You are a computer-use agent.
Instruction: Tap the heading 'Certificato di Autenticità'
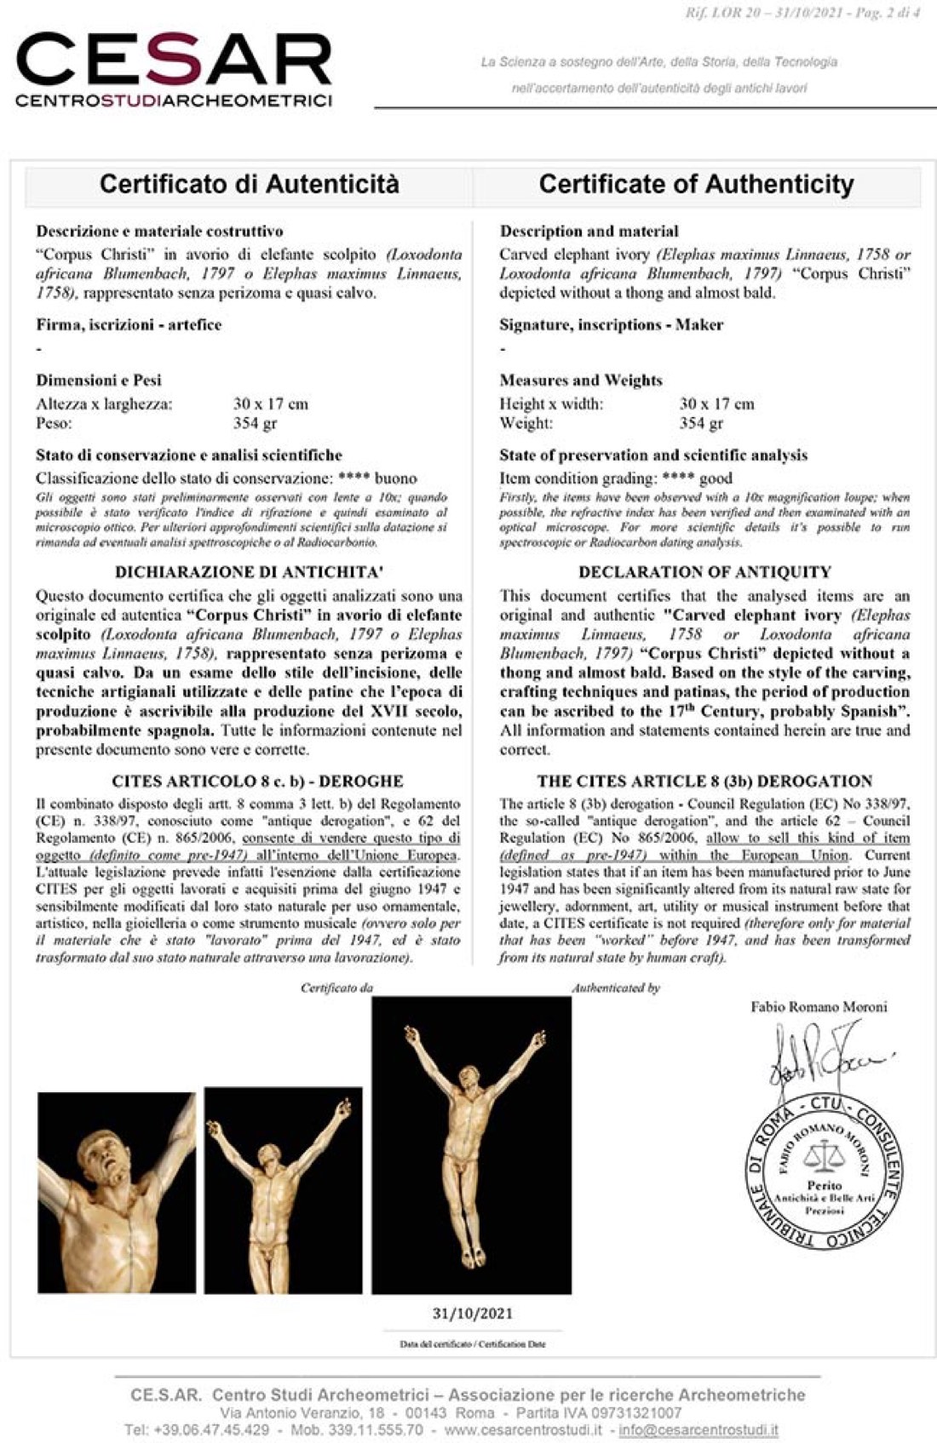coord(249,184)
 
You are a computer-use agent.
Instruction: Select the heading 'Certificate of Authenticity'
coord(696,184)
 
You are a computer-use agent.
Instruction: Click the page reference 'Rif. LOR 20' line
coord(801,14)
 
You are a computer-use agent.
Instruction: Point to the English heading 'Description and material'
coord(589,231)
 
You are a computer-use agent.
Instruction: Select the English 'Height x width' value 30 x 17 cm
coord(716,404)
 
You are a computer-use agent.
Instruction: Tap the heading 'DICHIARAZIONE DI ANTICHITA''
coord(248,572)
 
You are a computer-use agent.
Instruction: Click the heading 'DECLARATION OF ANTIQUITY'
coord(704,572)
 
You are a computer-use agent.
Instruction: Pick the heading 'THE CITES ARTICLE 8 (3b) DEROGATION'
coord(704,781)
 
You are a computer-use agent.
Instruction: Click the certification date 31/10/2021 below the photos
coord(472,1313)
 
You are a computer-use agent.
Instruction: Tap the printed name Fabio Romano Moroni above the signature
coord(819,1006)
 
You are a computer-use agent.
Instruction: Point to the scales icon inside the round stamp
coord(822,1157)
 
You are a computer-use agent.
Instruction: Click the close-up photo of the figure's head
coord(116,1192)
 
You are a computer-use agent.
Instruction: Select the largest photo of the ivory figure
coord(471,1145)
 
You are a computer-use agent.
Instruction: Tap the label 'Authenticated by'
coord(616,988)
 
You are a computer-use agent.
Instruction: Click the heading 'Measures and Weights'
coord(580,380)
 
